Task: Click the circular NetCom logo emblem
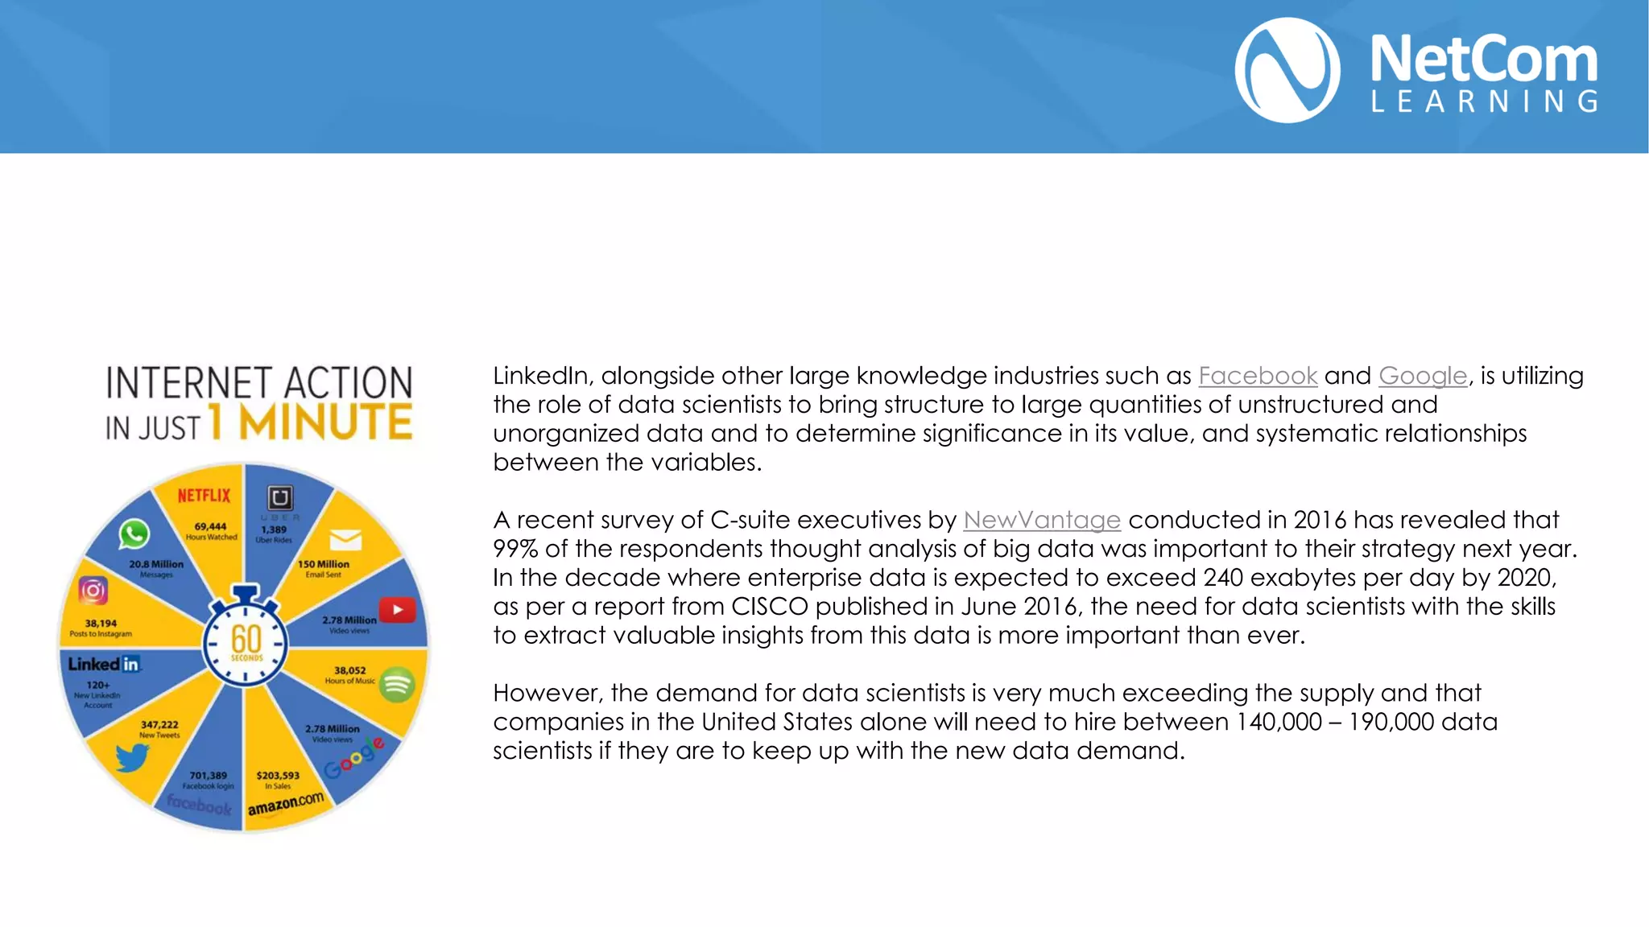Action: click(x=1287, y=71)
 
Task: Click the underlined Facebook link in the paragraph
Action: click(x=1258, y=376)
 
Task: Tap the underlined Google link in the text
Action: click(x=1423, y=376)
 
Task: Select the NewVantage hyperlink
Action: click(x=1042, y=520)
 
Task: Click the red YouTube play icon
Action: click(x=397, y=610)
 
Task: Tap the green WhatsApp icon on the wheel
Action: click(x=134, y=534)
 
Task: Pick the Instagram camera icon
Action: click(x=93, y=591)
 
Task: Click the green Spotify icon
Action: click(x=396, y=685)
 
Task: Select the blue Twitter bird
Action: click(x=131, y=757)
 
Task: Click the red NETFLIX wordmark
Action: click(x=204, y=496)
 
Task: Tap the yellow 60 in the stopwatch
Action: click(x=246, y=640)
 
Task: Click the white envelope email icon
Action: click(x=345, y=540)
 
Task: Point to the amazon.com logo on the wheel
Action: click(x=285, y=803)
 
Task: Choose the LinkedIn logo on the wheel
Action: click(x=104, y=664)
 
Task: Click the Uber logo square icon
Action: click(x=279, y=497)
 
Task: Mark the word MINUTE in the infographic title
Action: click(x=326, y=422)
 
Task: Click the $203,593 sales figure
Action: click(x=278, y=776)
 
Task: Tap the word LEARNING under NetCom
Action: click(x=1484, y=102)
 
